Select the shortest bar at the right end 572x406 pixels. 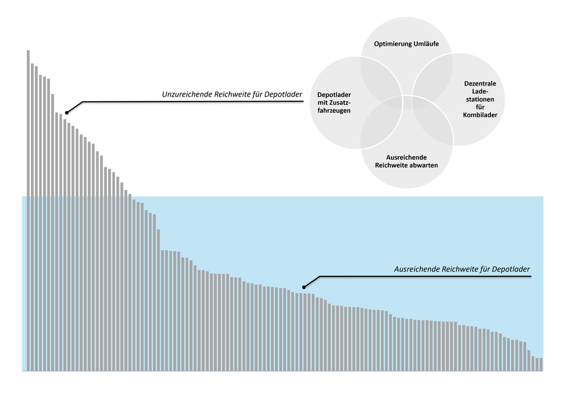[541, 364]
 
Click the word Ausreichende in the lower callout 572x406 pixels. [417, 269]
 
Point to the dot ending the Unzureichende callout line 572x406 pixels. [66, 112]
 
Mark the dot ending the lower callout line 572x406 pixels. [304, 287]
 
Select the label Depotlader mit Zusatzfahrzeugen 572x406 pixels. [334, 103]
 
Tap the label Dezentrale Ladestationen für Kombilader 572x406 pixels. [480, 99]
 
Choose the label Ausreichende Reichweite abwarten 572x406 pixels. [406, 161]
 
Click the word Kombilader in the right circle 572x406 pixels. [480, 115]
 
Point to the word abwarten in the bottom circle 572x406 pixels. [422, 165]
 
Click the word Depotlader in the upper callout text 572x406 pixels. [284, 94]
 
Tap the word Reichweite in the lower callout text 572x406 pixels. [460, 269]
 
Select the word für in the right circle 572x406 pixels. [480, 107]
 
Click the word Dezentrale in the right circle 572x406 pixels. [480, 84]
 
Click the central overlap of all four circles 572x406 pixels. [406, 103]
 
